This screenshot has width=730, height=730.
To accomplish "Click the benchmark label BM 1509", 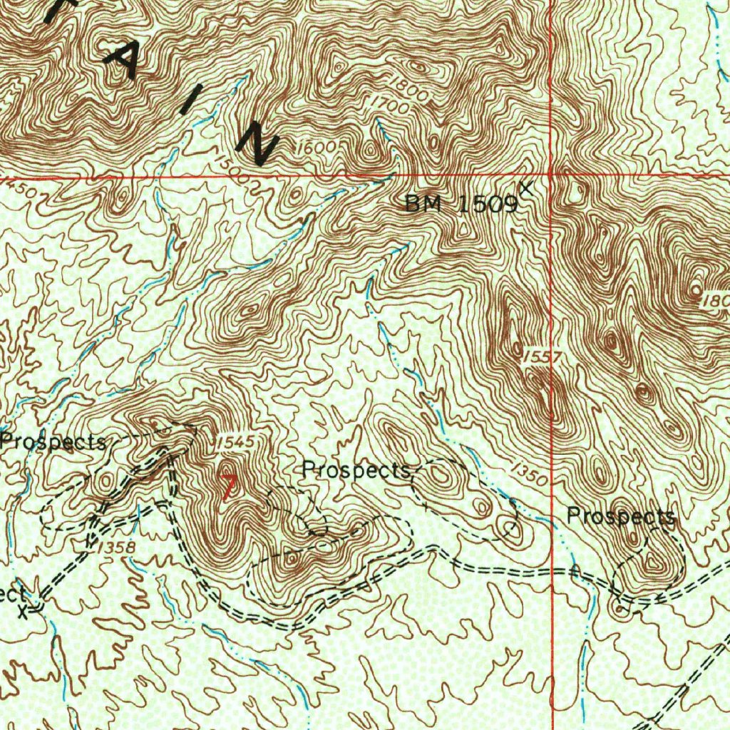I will (x=461, y=205).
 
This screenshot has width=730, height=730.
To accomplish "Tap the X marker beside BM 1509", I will (x=526, y=187).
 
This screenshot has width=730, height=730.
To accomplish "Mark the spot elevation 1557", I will (x=537, y=356).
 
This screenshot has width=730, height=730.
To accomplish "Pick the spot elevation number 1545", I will (x=234, y=443).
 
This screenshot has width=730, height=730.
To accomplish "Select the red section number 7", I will (x=229, y=487).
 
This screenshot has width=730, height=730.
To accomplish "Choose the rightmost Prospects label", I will (x=621, y=516).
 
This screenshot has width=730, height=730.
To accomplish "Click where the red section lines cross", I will (x=552, y=174).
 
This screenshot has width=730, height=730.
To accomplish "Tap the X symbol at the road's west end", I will (x=28, y=610).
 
